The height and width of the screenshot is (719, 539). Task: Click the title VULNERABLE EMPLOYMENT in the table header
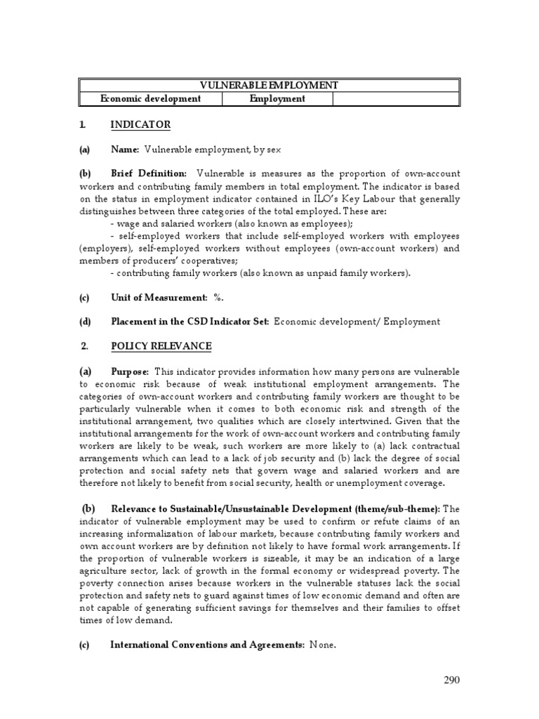(x=269, y=85)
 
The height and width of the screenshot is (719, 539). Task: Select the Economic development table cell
(x=150, y=99)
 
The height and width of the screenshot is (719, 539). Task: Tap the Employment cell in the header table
(x=277, y=99)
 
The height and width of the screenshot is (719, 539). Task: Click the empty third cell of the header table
(x=395, y=99)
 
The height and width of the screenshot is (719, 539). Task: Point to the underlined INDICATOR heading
(x=140, y=125)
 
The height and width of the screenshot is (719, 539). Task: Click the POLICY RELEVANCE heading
(x=161, y=347)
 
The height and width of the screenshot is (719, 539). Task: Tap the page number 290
(x=451, y=680)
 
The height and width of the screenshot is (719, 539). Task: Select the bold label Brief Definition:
(x=149, y=173)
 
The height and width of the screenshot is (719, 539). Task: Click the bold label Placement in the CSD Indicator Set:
(x=189, y=322)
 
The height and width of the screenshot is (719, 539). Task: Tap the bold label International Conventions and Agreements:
(x=206, y=646)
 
